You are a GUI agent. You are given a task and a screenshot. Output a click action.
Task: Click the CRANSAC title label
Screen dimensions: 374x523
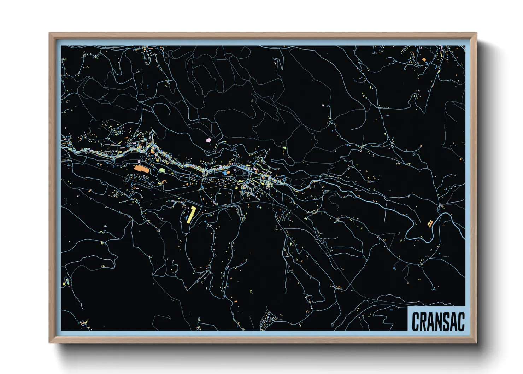pyautogui.click(x=438, y=321)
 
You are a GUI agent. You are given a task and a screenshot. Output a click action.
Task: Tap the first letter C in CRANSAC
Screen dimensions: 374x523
pyautogui.click(x=416, y=322)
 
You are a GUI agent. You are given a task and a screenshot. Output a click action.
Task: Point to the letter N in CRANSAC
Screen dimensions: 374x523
pyautogui.click(x=440, y=322)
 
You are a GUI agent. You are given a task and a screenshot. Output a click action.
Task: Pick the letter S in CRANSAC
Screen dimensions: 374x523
pyautogui.click(x=447, y=322)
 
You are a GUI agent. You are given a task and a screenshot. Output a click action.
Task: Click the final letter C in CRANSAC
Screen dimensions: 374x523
pyautogui.click(x=461, y=322)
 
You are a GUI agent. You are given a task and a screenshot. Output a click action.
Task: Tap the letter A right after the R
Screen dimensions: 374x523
pyautogui.click(x=431, y=322)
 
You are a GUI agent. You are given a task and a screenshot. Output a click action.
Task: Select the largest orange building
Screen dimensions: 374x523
pyautogui.click(x=142, y=169)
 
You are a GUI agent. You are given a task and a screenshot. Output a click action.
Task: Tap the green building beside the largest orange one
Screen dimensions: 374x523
pyautogui.click(x=162, y=170)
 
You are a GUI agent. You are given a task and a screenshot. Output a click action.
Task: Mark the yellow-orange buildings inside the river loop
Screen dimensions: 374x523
pyautogui.click(x=430, y=223)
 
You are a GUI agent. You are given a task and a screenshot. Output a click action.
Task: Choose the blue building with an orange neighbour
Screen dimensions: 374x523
pyautogui.click(x=225, y=173)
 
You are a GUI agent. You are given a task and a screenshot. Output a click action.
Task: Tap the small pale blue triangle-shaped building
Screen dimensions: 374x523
pyautogui.click(x=105, y=226)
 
